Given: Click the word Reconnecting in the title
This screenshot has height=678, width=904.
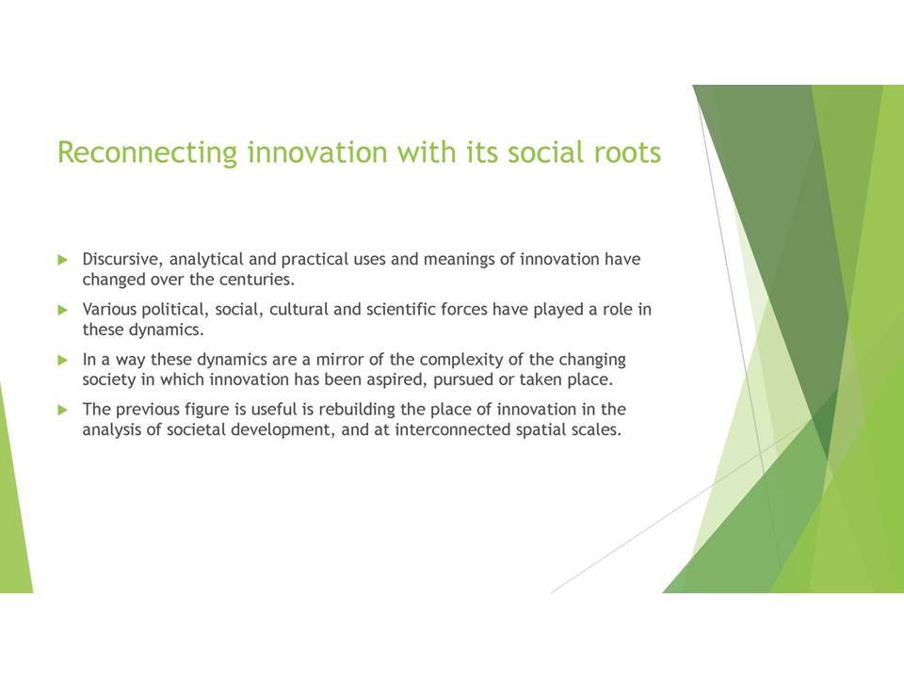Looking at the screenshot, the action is click(148, 153).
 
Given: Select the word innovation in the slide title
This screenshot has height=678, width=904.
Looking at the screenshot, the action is click(317, 153).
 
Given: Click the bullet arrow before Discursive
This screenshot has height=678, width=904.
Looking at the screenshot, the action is click(63, 260).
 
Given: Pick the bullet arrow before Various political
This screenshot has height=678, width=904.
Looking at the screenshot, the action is click(63, 310).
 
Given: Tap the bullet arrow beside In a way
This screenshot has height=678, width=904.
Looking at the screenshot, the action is click(63, 361).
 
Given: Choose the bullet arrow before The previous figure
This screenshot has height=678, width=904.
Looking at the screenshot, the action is click(63, 411).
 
